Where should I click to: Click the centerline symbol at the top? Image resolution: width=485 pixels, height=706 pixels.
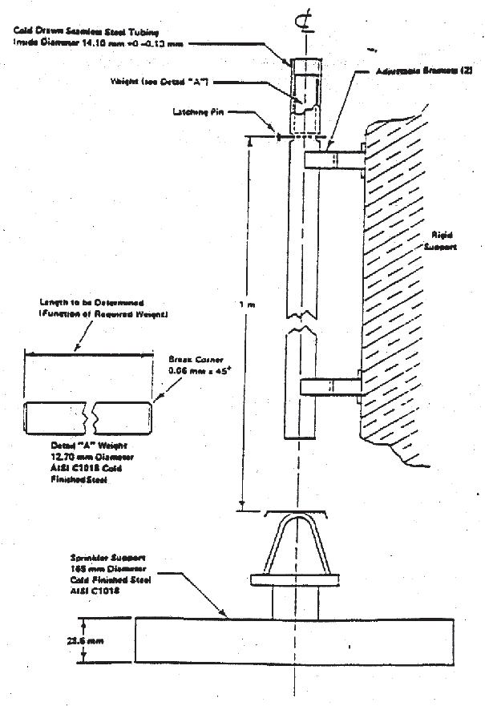[x=302, y=30]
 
